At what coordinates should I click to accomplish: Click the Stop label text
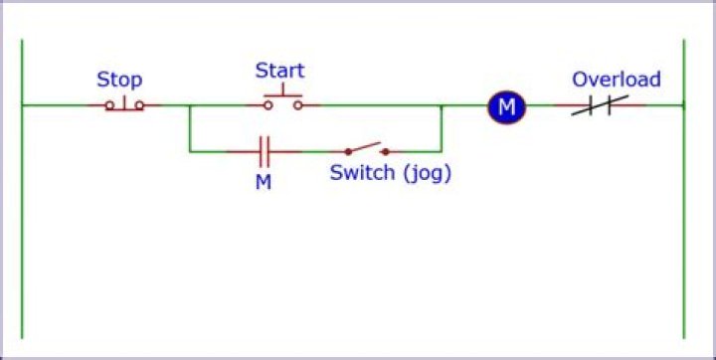(119, 80)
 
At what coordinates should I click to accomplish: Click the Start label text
(279, 71)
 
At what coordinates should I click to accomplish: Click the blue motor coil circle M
(506, 105)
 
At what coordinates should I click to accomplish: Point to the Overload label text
(616, 80)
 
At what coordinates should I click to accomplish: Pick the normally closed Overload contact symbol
(598, 105)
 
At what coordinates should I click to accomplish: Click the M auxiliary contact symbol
(264, 152)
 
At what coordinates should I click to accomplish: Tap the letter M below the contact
(264, 183)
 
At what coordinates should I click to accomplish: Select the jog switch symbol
(367, 149)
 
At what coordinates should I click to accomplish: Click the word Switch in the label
(363, 173)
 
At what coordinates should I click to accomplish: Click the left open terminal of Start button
(268, 104)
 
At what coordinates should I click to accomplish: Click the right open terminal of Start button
(298, 104)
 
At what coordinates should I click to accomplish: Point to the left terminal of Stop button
(108, 104)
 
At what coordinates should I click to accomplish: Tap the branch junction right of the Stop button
(190, 104)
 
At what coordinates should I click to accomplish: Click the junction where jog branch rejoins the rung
(442, 104)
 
